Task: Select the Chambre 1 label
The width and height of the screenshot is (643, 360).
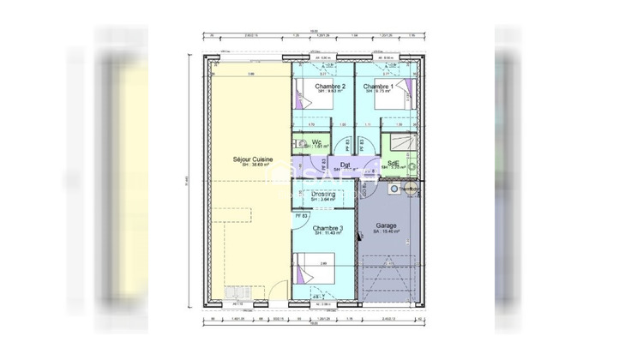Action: pos(379,87)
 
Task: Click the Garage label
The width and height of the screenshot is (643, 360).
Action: pos(386,226)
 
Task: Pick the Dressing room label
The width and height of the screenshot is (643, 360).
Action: pos(323,195)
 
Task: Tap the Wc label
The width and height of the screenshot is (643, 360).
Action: pos(316,141)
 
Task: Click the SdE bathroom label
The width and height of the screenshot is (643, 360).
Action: pos(393,163)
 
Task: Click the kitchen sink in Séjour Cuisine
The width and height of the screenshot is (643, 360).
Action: pos(237,292)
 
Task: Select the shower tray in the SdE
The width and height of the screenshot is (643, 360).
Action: pos(400,143)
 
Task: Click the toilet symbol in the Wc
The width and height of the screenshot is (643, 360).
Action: pos(299,142)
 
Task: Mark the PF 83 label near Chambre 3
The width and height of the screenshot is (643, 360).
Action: pos(301,215)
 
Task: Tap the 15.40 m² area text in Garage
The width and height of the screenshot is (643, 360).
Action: pos(386,232)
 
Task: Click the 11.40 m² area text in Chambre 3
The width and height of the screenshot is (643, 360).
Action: pos(328,233)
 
